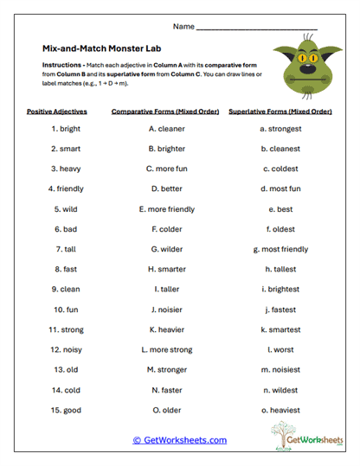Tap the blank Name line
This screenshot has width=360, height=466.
tap(257, 29)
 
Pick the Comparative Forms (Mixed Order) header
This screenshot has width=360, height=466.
tap(164, 112)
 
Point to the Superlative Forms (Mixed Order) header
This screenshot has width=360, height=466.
tap(280, 112)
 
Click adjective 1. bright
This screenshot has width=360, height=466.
tap(65, 129)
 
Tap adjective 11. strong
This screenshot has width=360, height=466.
tap(65, 329)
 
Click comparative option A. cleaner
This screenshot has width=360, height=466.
tap(164, 129)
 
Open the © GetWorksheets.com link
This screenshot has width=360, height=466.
tap(179, 440)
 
